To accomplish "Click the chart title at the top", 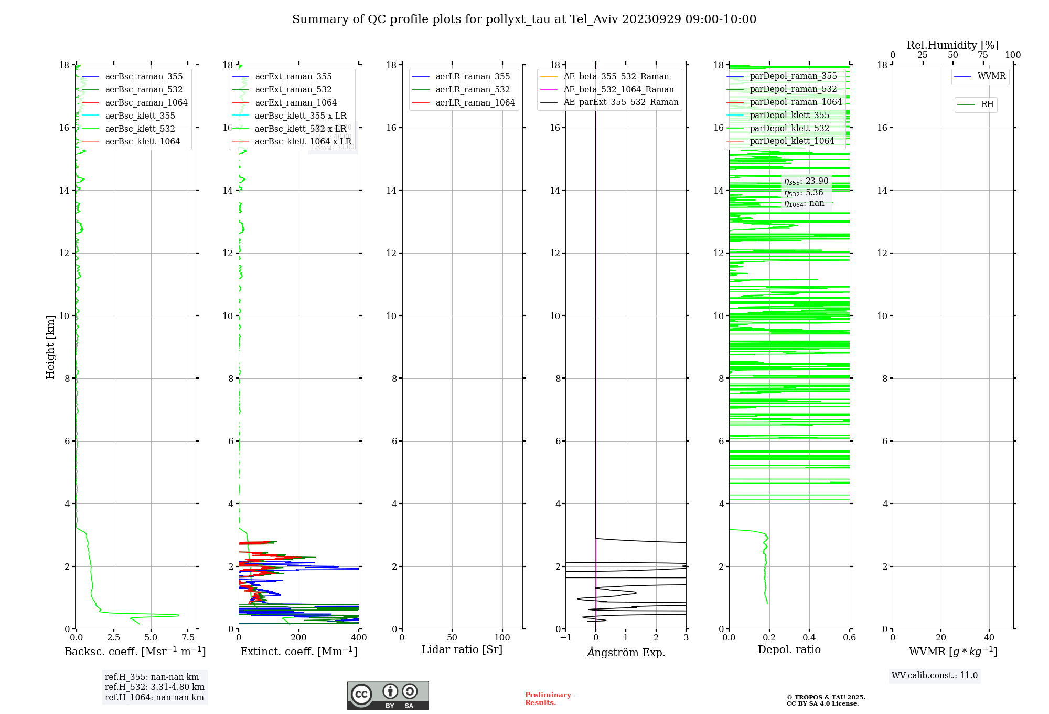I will point(524,19).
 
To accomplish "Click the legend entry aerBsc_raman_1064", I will point(146,102).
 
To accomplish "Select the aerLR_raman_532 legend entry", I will point(472,89).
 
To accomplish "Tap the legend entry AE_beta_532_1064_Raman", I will point(618,89).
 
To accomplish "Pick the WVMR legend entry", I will point(991,76).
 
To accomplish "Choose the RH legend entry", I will point(987,104).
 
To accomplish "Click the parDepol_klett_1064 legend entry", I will point(791,141).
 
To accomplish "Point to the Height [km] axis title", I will point(50,346).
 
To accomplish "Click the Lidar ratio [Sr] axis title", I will point(462,649).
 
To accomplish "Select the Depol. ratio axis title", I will point(789,649).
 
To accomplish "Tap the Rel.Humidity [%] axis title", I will point(952,45).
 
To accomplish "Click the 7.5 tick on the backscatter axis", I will point(188,637).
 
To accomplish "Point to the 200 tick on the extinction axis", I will point(298,637).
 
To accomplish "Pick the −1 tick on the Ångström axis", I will point(565,637).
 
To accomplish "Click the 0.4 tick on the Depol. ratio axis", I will point(809,637).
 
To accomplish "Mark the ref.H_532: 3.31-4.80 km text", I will point(154,687).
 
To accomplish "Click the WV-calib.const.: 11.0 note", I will point(934,675).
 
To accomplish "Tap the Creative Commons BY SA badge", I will point(388,695).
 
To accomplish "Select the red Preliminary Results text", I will point(548,698).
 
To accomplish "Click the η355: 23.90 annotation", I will point(806,181).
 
